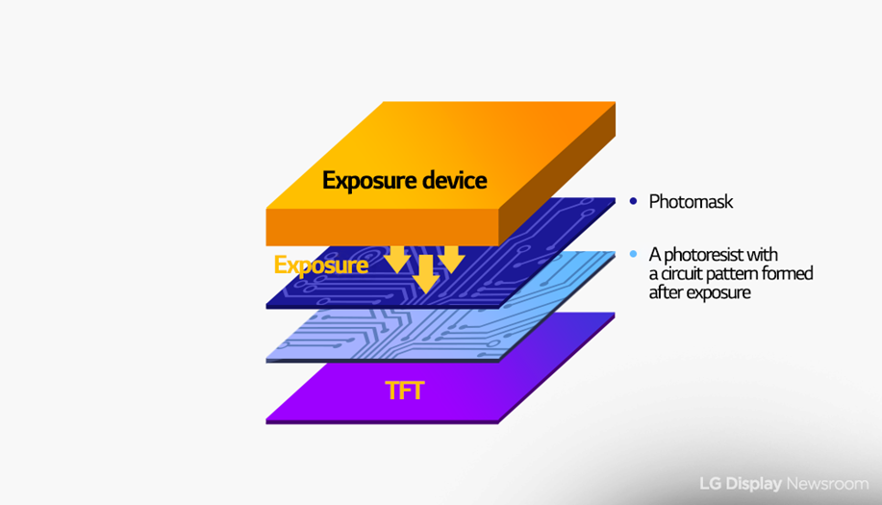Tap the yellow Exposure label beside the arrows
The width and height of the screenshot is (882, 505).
pos(321,265)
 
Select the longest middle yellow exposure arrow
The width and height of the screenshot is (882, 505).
pos(426,274)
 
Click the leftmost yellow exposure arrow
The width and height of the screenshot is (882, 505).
pos(397,260)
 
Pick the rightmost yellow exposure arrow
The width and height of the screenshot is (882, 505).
pos(451,260)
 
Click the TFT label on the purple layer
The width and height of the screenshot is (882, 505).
pos(404,391)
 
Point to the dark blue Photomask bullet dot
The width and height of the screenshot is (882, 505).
pos(634,201)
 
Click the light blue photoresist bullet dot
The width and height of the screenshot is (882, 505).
pos(634,254)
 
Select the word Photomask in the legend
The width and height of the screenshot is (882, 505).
pos(691,201)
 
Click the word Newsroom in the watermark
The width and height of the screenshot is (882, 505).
pos(827,484)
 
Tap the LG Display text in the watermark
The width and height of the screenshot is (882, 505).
pos(741,484)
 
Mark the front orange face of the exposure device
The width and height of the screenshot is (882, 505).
pos(382,227)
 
